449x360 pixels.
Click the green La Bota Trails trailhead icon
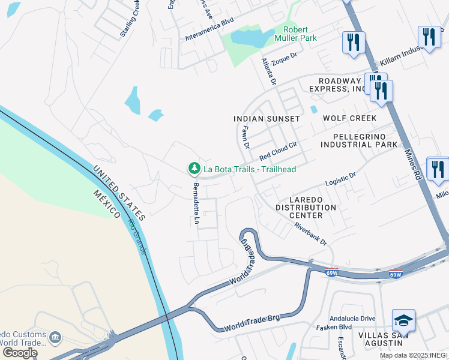[194, 169]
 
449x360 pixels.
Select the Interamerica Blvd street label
[209, 37]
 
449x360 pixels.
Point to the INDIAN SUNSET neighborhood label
[267, 119]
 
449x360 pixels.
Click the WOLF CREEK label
[349, 118]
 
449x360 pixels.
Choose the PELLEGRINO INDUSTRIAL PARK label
[358, 140]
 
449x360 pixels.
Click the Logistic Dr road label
[340, 179]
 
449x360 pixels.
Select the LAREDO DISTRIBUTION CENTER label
[306, 208]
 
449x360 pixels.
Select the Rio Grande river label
[136, 236]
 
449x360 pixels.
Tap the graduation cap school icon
[403, 322]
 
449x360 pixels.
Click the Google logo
[19, 353]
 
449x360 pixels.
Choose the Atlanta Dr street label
[268, 71]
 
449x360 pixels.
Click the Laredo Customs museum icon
[55, 338]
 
